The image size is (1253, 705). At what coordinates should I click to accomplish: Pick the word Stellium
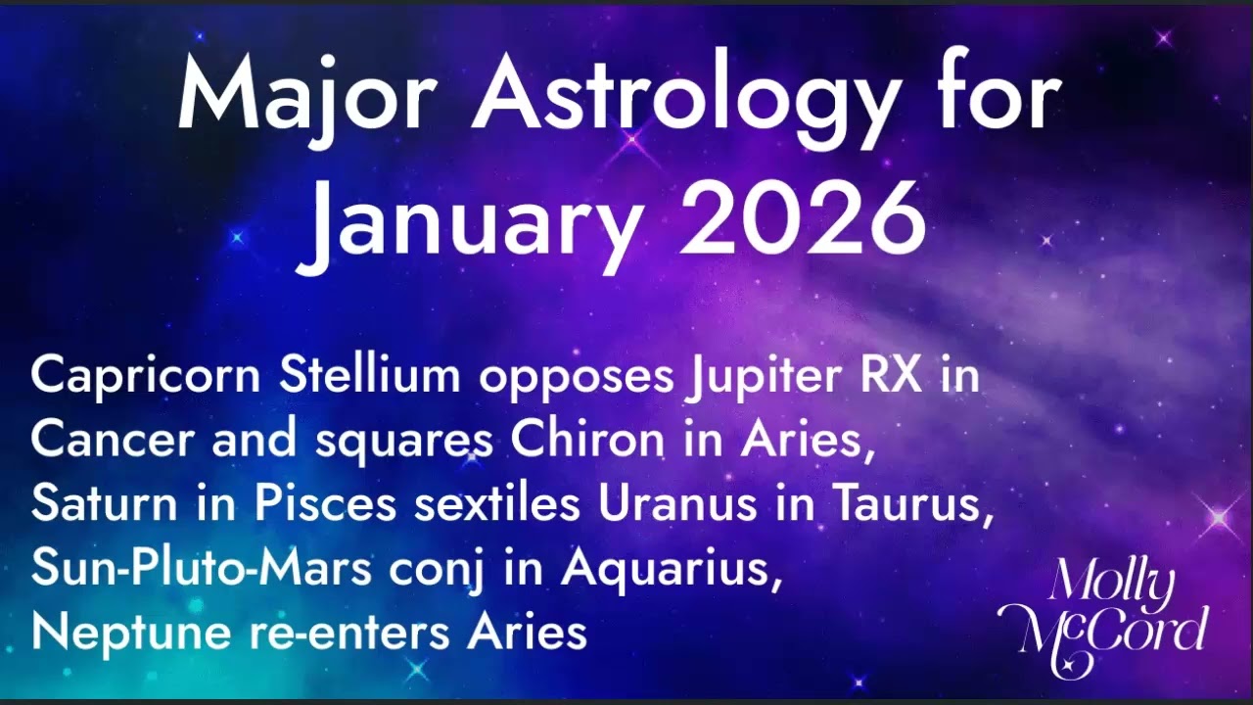(x=370, y=375)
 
